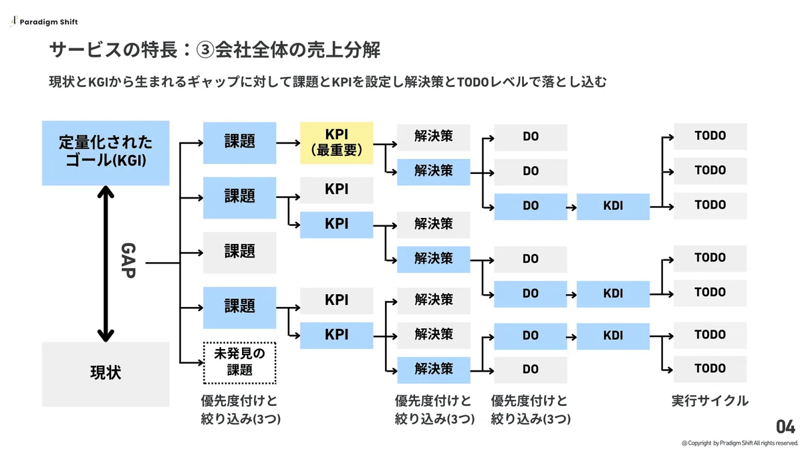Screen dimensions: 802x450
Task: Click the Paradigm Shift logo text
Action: [49, 22]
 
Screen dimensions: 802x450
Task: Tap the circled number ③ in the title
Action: [205, 49]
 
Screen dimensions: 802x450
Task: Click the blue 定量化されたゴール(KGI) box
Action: [106, 153]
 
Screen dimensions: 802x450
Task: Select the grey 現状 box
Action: [106, 374]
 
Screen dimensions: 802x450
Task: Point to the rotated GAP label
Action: [128, 261]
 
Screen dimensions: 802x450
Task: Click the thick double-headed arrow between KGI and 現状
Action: [106, 263]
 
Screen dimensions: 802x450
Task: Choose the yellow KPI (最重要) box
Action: [337, 143]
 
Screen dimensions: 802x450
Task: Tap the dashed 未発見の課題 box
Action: [239, 363]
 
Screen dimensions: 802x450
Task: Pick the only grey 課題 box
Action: [239, 253]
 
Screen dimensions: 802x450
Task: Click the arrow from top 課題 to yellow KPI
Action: [288, 143]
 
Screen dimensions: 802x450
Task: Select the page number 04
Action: [785, 427]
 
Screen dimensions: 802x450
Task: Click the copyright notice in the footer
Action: [740, 443]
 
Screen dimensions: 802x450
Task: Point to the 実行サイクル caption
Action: [710, 401]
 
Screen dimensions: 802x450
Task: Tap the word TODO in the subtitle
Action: [473, 82]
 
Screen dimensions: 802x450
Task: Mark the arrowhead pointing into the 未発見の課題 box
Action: [200, 363]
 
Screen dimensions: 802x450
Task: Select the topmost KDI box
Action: [613, 207]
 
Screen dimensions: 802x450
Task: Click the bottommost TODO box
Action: [710, 368]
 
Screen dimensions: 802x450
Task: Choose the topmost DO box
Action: [531, 137]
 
